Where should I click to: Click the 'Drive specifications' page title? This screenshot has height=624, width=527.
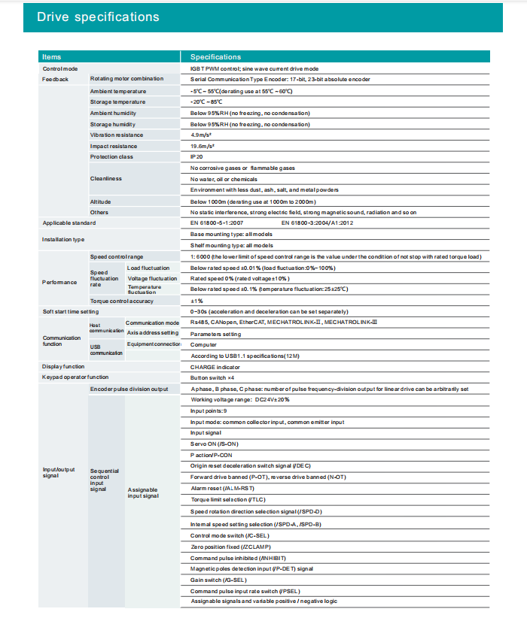coord(99,17)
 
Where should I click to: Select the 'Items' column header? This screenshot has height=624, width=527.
coord(52,56)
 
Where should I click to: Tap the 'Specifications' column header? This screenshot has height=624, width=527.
coord(215,56)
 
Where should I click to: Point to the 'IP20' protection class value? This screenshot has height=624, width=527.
coord(197,156)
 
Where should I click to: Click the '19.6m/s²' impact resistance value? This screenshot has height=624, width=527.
coord(204,146)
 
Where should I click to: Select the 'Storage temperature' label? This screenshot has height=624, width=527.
coord(118,101)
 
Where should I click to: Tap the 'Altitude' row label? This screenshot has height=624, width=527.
coord(102,201)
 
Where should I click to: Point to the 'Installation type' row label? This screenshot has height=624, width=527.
coord(63,240)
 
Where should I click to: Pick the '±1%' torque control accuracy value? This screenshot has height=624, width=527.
coord(196,301)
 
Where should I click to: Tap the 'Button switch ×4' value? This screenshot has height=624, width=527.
coord(214,377)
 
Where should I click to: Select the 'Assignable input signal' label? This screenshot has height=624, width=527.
coord(142,493)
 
